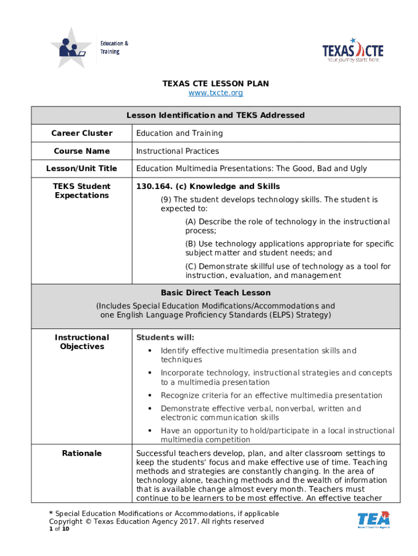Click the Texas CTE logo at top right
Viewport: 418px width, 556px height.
353,50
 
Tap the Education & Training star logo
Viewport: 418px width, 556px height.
71,48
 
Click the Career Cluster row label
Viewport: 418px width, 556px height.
82,133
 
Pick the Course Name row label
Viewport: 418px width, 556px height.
82,151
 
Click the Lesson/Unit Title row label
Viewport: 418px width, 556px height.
82,168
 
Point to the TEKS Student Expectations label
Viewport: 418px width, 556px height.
82,191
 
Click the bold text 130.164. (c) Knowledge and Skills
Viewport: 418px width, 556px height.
208,186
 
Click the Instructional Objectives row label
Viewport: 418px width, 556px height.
82,342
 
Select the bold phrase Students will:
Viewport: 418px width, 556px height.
165,338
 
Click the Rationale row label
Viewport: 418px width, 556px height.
82,453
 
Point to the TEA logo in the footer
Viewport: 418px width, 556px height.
373,519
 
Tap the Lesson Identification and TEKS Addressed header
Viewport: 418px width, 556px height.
216,115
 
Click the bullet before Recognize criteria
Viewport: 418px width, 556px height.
149,395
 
